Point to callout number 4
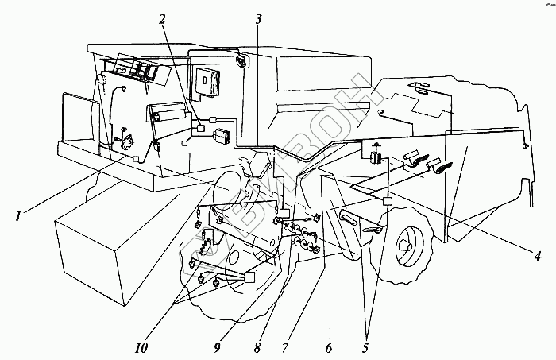[538, 256]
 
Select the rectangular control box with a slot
[209, 80]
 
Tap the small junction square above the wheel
[387, 202]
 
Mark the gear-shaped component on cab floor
[125, 142]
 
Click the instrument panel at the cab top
[138, 69]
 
